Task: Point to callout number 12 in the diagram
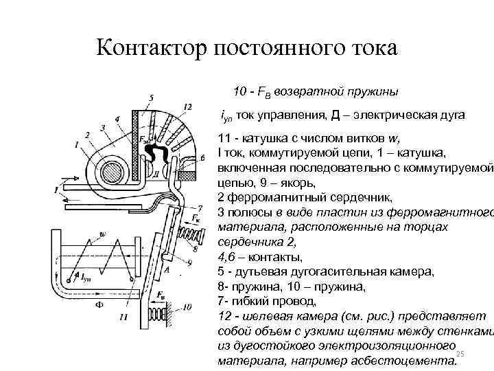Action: coord(187,105)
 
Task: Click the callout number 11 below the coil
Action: coord(122,317)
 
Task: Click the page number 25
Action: coord(460,352)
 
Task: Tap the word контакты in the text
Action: coord(274,258)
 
